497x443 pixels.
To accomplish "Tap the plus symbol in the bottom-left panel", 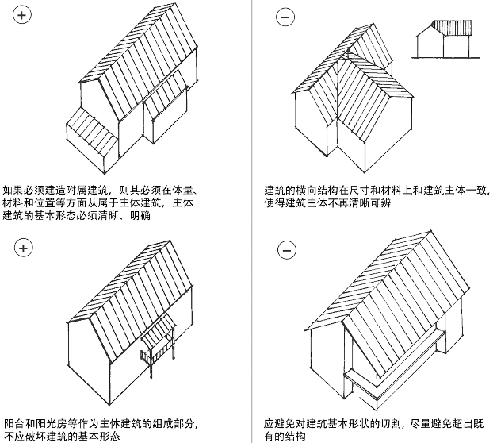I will tap(24, 248).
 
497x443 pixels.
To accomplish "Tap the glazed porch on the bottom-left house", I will tap(159, 341).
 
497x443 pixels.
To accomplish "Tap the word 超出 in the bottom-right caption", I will tap(468, 423).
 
